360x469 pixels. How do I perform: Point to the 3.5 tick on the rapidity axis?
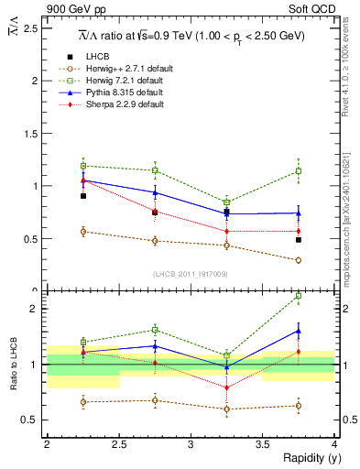point(262,444)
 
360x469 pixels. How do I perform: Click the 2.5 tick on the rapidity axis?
point(118,444)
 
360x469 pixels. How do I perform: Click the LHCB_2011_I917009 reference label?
point(190,274)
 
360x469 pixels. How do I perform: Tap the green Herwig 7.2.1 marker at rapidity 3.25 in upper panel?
point(226,202)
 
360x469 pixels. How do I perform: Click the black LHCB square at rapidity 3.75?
point(299,240)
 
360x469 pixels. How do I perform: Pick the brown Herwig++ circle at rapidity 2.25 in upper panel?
point(82,232)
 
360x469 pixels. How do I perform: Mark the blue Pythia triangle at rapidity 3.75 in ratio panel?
point(299,332)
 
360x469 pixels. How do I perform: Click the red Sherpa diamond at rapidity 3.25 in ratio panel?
point(226,387)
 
